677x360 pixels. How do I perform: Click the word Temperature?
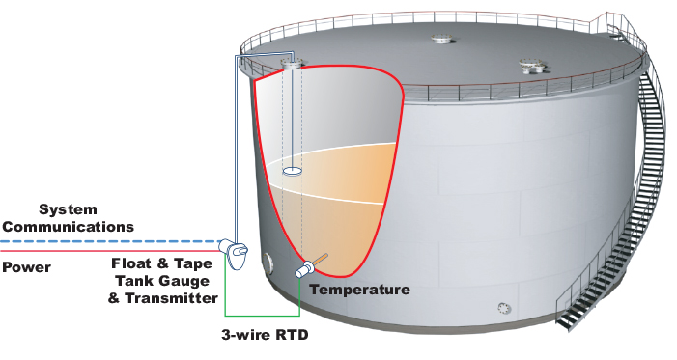360,290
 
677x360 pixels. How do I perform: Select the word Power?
25,267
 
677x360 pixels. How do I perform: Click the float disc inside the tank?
293,172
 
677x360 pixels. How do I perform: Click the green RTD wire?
261,315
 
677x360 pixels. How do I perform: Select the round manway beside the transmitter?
268,262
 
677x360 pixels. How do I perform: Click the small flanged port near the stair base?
503,308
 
